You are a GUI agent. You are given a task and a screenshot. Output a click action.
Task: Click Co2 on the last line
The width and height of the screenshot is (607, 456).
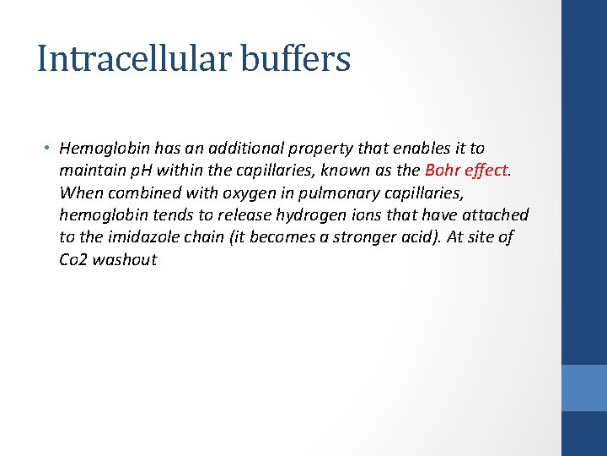(x=73, y=259)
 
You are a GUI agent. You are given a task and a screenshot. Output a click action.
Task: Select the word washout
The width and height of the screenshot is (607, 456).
(x=125, y=259)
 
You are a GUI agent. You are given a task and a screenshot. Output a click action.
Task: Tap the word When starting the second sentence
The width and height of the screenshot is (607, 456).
(x=79, y=193)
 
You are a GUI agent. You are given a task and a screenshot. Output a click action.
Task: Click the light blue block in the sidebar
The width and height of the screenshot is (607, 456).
(x=584, y=388)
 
